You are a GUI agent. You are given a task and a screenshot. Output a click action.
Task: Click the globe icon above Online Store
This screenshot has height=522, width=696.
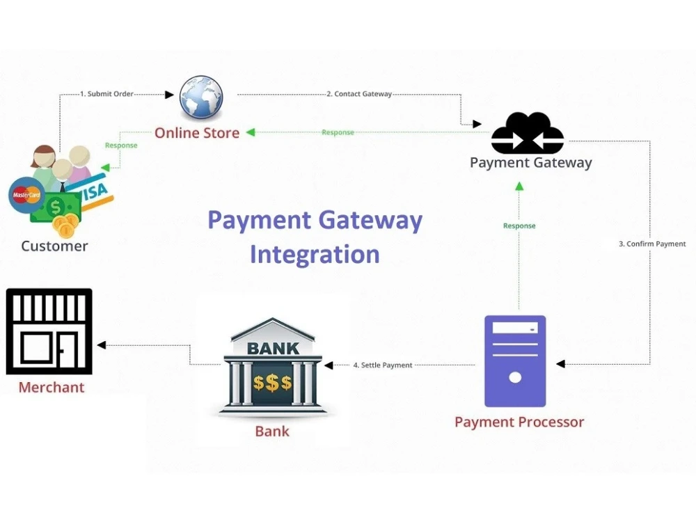point(201,97)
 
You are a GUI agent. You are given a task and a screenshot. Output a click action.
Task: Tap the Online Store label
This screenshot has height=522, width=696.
point(197,132)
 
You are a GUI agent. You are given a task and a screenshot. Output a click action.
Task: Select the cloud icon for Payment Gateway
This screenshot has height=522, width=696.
point(528,133)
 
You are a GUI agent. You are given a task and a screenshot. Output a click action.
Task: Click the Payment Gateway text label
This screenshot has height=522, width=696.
point(530,163)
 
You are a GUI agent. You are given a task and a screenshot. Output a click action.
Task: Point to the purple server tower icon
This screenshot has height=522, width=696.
point(515,361)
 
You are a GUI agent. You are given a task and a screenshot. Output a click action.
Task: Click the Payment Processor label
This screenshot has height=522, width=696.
point(519,422)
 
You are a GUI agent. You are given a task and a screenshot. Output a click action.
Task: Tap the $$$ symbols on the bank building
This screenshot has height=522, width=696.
point(272,382)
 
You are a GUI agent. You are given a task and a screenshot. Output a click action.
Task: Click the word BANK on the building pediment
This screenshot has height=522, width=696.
point(273,348)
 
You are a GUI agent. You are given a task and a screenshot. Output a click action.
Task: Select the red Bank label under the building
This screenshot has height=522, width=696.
point(272,432)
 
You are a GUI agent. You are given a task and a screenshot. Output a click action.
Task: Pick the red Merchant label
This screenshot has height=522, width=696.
point(52,388)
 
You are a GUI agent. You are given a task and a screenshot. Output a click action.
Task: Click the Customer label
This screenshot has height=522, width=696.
point(54,246)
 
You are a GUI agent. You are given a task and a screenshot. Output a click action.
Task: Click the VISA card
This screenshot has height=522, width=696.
point(93,192)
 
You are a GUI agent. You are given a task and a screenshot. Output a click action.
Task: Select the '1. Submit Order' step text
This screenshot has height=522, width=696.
point(106,94)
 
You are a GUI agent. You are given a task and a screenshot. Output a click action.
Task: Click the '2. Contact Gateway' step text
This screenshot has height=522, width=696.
point(359,94)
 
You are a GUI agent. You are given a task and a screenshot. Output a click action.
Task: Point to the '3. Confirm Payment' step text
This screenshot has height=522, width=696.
point(652,244)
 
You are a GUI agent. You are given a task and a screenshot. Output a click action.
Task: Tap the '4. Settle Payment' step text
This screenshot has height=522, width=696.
point(383,365)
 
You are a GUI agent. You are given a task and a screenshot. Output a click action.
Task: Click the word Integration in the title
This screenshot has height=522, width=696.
point(315,254)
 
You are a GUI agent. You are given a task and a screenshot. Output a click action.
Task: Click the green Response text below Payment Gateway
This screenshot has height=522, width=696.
point(519,226)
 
